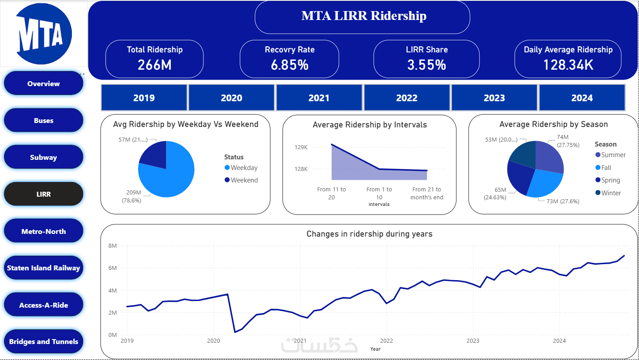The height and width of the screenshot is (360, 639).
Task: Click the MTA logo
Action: (44, 34)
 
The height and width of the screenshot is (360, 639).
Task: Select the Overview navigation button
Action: (44, 83)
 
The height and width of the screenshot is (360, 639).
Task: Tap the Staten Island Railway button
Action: (44, 268)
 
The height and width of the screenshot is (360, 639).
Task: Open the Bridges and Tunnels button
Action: (44, 342)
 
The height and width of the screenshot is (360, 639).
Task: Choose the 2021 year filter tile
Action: (319, 98)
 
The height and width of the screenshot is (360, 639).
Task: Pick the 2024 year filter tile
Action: (582, 98)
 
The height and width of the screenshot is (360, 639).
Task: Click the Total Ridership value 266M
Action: (155, 65)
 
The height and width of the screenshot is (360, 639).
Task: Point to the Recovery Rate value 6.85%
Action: (290, 65)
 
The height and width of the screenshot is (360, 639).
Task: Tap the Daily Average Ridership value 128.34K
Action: (568, 65)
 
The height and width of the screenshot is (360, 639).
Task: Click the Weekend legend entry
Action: (244, 180)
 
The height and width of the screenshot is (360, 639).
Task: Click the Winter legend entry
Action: (611, 193)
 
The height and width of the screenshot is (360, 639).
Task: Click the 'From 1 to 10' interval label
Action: (379, 193)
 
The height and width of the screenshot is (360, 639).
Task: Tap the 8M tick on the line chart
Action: (112, 246)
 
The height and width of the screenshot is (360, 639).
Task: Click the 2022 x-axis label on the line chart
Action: (386, 341)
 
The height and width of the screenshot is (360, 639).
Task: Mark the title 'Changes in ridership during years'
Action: (369, 234)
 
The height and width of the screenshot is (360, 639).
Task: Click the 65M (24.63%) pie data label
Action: (495, 194)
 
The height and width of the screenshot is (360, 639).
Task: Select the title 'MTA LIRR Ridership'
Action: (364, 16)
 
